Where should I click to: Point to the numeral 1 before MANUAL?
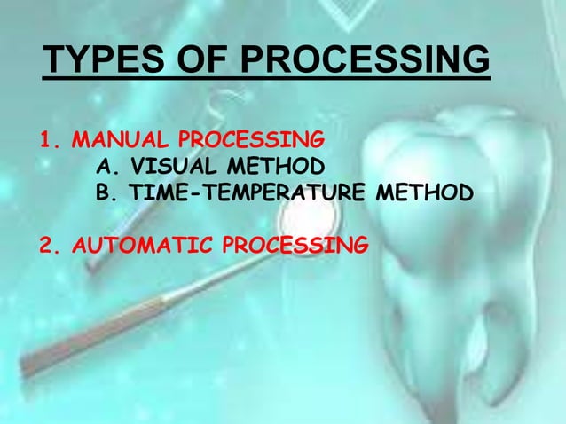click(46, 142)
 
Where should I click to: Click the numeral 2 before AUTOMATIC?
click(46, 243)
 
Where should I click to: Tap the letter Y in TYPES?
click(75, 61)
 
